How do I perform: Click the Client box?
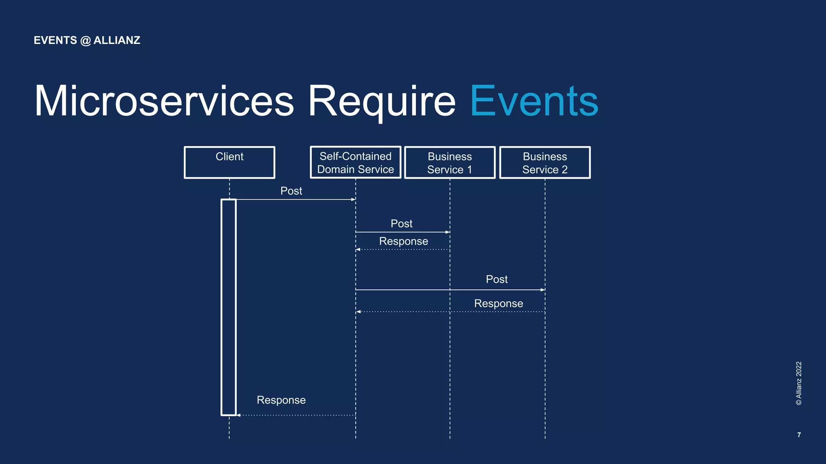click(229, 162)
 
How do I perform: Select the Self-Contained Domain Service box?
click(355, 162)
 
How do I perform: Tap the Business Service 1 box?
click(450, 162)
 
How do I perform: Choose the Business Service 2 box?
click(545, 162)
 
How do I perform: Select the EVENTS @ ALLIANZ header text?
click(87, 40)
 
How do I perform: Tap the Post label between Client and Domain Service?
click(291, 191)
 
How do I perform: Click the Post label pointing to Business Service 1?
click(401, 223)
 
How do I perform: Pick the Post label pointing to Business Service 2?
click(496, 279)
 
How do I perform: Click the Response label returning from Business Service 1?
click(403, 241)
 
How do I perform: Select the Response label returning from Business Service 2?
click(499, 303)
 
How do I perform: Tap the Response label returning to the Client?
click(281, 400)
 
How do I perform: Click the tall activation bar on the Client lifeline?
click(228, 306)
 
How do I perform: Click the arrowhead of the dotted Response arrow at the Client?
click(238, 415)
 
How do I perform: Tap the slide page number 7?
click(799, 435)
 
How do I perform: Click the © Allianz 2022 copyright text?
click(799, 383)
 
